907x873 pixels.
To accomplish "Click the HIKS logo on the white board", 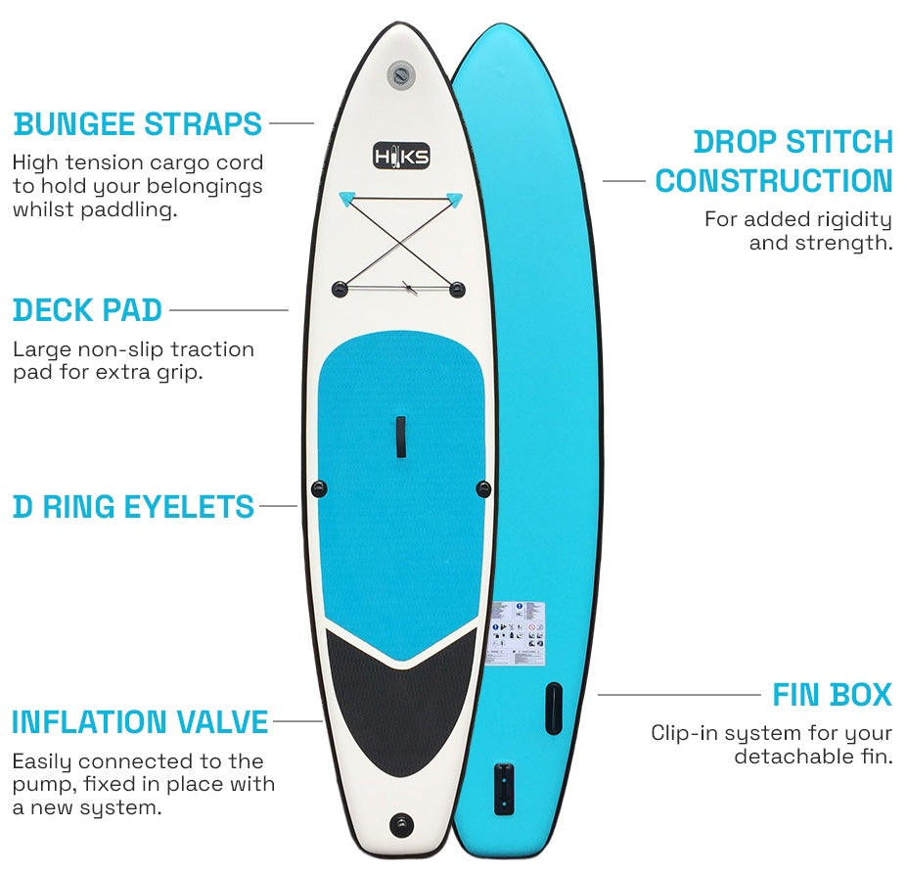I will point(401,156).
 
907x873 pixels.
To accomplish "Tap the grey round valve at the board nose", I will point(399,75).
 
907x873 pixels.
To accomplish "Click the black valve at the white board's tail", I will point(400,823).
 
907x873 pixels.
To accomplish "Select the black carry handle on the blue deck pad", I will point(400,436).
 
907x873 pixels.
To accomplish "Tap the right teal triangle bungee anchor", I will point(454,199).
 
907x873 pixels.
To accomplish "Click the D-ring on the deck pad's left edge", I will point(318,487).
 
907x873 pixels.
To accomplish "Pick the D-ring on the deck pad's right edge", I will point(481,487).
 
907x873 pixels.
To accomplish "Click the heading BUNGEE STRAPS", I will point(138,124).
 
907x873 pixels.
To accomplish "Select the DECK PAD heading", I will point(87,310).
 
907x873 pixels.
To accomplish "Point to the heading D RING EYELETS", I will point(133,507).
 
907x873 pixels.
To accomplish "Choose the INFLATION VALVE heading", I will point(140,722).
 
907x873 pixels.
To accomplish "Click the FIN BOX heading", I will point(832,695).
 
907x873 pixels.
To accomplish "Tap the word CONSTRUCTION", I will point(774,181).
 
